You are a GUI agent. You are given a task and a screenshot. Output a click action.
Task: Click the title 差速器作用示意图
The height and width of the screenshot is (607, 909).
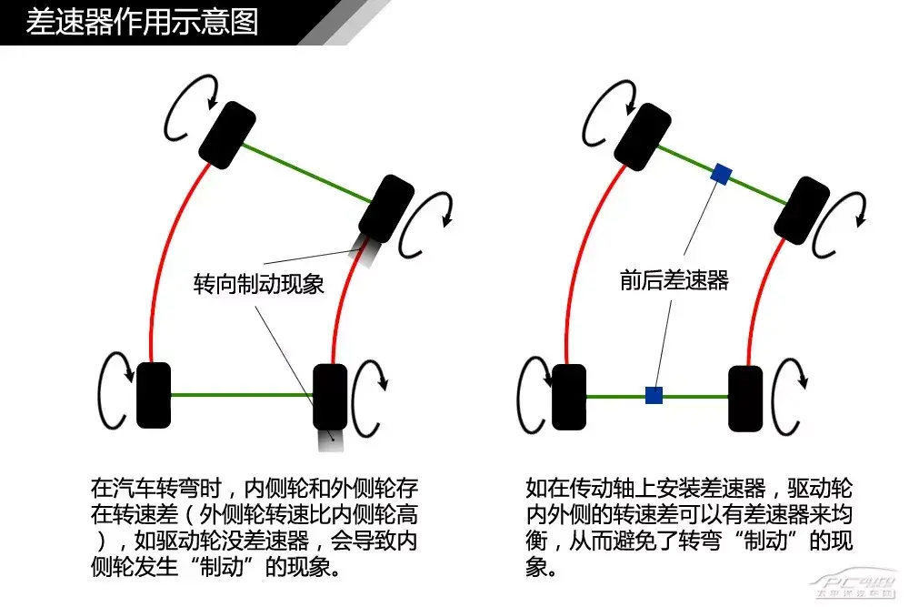(x=142, y=22)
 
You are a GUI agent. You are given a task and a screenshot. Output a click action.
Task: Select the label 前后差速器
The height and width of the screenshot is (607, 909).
(x=674, y=280)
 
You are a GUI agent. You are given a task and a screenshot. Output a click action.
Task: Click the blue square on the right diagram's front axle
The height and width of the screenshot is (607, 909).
(x=722, y=174)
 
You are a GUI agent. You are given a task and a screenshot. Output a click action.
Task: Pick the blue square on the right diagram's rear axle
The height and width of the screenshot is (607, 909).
(x=654, y=395)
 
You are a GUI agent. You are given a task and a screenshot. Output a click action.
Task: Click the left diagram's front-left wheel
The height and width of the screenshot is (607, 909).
(x=226, y=135)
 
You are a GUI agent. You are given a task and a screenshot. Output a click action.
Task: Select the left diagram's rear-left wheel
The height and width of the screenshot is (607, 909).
(x=154, y=395)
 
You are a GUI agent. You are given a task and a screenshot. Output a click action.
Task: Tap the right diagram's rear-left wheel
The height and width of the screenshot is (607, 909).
(x=569, y=397)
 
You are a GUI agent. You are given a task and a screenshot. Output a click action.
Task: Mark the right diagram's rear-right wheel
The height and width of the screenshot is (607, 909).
(x=745, y=398)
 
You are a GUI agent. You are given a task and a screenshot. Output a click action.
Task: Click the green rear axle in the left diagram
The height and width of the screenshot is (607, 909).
(x=242, y=395)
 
